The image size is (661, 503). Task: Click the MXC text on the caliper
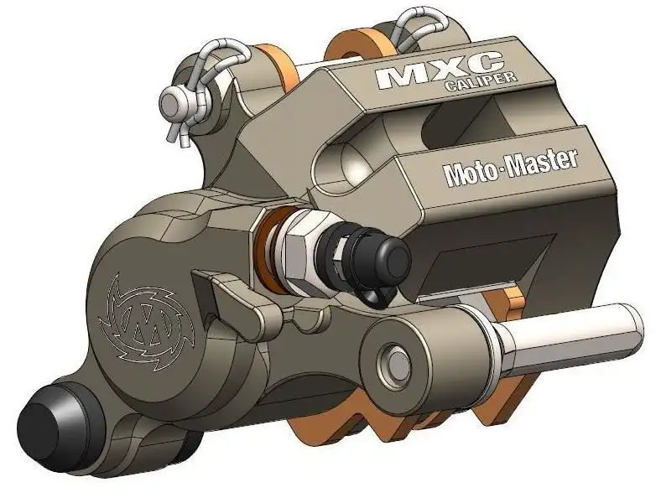click(439, 71)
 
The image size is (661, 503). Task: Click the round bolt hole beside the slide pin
click(391, 358)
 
